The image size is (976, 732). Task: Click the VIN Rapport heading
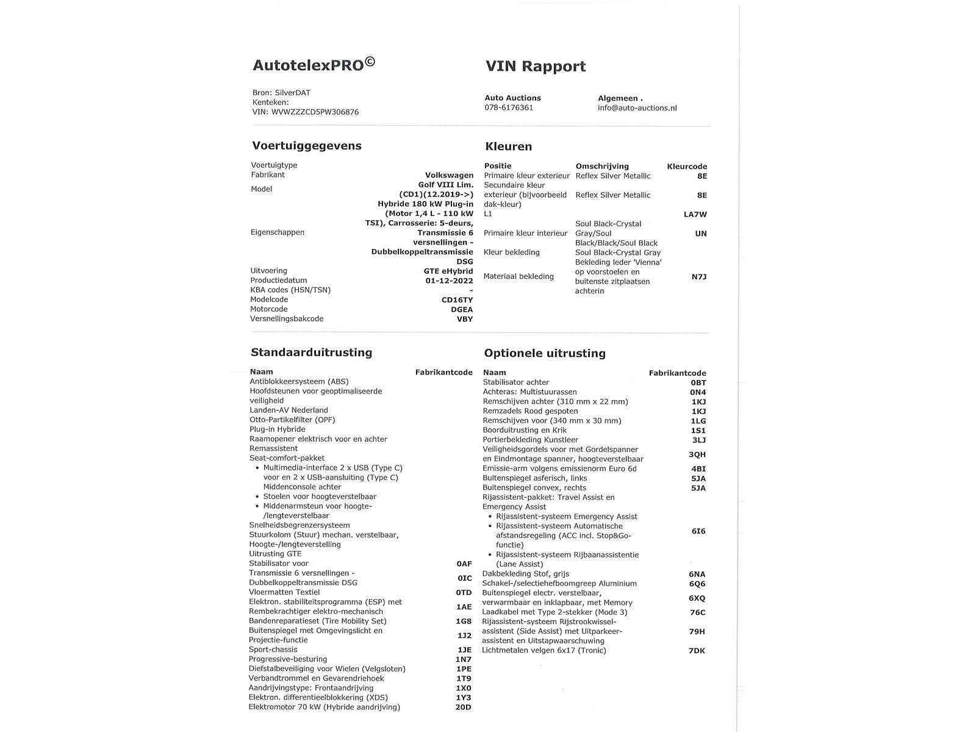pos(536,66)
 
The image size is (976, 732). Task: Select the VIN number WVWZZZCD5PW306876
pos(315,112)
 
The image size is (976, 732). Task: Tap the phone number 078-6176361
pos(509,108)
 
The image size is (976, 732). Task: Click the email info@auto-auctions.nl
pos(637,108)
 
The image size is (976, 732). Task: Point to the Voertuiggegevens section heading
pos(307,146)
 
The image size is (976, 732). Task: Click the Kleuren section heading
pos(508,146)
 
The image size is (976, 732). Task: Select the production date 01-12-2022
pos(449,281)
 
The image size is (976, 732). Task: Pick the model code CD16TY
pos(457,300)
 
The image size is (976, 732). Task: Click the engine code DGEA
pos(462,309)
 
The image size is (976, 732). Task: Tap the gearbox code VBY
pos(465,319)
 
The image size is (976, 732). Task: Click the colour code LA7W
pos(695,214)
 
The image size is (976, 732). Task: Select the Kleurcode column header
pos(687,167)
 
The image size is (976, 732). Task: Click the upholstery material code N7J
pos(698,277)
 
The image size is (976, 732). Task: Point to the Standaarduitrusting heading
pos(311,353)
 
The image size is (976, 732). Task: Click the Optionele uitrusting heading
pos(545,353)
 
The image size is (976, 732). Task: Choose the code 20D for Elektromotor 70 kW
pos(463,708)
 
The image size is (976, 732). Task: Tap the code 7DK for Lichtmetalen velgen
pos(697,651)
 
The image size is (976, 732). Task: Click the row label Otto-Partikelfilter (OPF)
pos(292,420)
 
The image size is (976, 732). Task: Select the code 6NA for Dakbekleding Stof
pos(697,574)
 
